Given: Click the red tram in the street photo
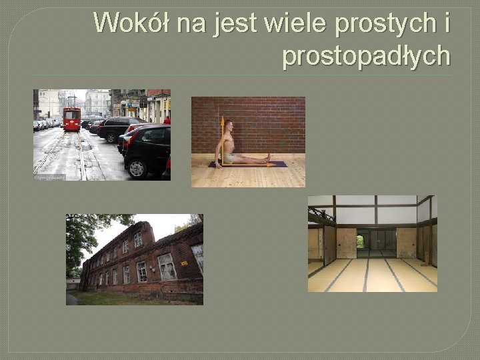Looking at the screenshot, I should point(71,118).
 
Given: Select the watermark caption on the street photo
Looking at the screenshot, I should point(49,177).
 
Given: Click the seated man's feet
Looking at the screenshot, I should point(268,158).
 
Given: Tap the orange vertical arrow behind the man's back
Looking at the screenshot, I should point(222,140).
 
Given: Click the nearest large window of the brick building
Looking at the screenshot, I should point(166,267).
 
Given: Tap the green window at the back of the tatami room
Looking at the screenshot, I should point(361,242).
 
